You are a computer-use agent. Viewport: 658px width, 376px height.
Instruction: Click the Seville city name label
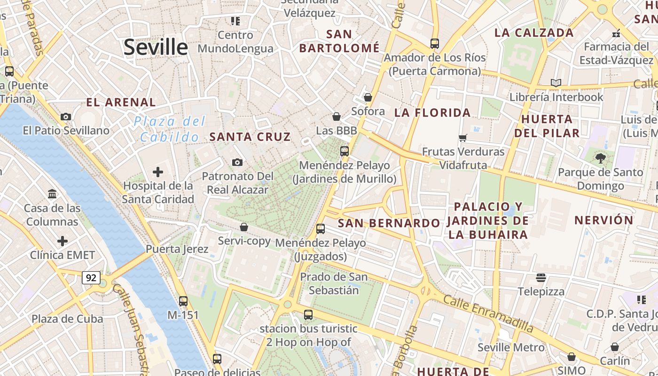156,47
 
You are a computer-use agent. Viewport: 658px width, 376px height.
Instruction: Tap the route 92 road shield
91,278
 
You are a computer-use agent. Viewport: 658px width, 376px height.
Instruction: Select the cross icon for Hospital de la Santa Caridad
158,172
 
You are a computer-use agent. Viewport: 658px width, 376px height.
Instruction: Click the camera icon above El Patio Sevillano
66,117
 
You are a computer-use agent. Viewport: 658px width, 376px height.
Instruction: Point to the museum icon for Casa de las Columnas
52,194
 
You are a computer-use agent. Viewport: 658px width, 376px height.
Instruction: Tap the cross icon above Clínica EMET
63,241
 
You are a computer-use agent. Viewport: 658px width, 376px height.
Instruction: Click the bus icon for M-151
183,301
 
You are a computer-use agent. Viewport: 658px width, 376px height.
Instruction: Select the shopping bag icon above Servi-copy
244,227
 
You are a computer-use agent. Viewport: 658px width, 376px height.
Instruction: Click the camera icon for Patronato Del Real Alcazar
237,162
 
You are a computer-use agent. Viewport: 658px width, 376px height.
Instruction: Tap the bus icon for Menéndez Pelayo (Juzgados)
321,229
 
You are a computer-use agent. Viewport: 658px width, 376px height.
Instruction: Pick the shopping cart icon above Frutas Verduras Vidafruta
463,138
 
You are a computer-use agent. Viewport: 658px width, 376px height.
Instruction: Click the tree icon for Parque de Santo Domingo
600,158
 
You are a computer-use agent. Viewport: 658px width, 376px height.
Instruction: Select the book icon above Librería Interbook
556,83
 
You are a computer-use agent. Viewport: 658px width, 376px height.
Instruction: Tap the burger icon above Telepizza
541,278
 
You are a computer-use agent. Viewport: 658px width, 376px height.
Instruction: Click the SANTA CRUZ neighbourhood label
250,137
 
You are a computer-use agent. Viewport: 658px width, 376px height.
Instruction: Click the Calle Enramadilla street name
488,314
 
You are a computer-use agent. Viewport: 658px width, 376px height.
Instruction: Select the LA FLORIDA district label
432,112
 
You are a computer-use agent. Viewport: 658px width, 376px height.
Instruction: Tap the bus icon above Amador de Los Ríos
435,44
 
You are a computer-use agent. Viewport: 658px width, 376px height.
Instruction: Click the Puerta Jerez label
177,249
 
